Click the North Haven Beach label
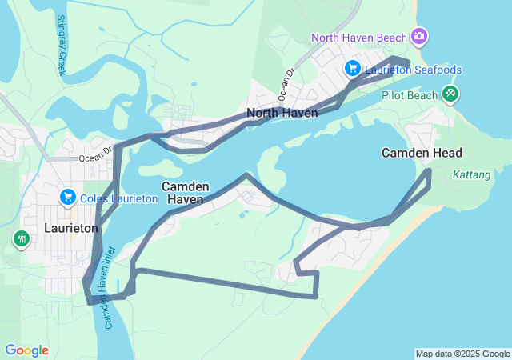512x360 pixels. (x=360, y=37)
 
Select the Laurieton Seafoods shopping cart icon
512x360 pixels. (x=352, y=69)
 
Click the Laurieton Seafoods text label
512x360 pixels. (x=413, y=70)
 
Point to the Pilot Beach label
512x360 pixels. (x=410, y=95)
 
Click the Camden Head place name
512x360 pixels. (x=422, y=153)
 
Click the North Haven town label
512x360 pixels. (x=282, y=113)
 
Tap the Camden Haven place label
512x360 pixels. (x=186, y=192)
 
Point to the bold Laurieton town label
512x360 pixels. (x=70, y=228)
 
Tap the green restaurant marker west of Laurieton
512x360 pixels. (x=20, y=238)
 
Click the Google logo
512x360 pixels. (x=26, y=350)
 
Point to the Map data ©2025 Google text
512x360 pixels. (x=462, y=354)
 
